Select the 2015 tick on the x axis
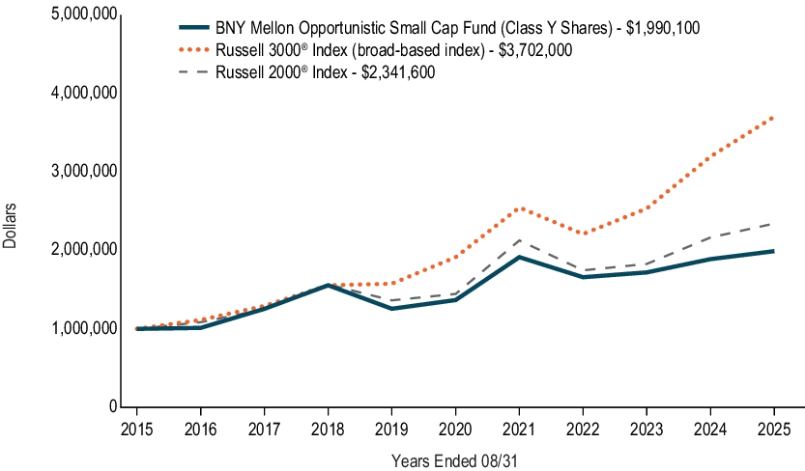(x=136, y=427)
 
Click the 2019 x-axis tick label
(x=391, y=427)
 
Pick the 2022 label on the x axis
(x=583, y=427)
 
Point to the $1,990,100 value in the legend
(x=666, y=29)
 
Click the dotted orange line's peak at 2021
(x=519, y=208)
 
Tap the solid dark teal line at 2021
(x=519, y=257)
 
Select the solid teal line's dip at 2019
(x=391, y=308)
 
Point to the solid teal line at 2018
(x=328, y=285)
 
